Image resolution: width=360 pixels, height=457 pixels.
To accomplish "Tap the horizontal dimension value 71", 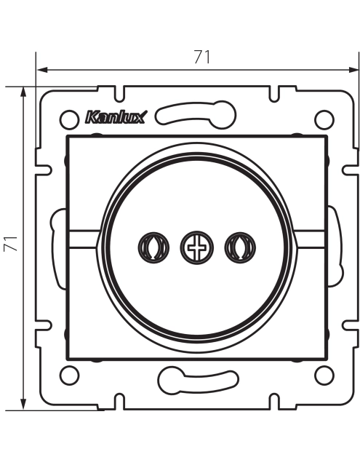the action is (x=202, y=57).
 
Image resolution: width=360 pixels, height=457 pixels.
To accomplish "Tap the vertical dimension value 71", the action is (x=11, y=243).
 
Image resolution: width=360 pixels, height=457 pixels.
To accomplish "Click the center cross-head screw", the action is (x=196, y=247).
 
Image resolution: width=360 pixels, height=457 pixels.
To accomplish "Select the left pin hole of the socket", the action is (x=153, y=247).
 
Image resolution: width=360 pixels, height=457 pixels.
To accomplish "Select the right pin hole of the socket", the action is (x=240, y=247).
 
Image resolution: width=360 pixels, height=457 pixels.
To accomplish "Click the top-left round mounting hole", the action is (x=69, y=119).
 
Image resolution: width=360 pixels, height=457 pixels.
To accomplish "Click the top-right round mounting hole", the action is (x=324, y=119).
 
